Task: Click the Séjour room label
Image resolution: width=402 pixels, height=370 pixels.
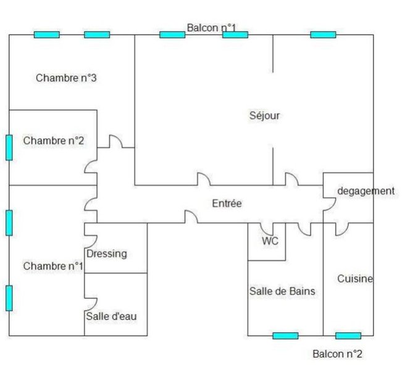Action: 265,115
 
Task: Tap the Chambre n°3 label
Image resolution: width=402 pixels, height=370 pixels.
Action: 67,78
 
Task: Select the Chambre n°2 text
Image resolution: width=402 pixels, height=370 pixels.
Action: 54,141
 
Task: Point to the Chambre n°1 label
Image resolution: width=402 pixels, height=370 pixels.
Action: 54,266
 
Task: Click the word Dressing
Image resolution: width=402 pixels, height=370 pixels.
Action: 107,253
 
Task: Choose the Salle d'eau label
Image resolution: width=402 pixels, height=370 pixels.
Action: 111,316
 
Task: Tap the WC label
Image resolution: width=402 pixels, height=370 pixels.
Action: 270,241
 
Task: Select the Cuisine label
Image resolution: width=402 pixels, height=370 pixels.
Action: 355,279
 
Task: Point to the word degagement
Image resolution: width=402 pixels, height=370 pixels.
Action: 366,191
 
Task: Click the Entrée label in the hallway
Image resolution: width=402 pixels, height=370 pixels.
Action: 227,203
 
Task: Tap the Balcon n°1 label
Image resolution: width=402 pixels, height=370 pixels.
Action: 211,27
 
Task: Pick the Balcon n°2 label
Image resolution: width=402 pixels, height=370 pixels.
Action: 337,354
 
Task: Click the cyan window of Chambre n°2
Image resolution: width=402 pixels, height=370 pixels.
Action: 9,147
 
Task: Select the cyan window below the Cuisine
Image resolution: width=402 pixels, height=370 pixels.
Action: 348,335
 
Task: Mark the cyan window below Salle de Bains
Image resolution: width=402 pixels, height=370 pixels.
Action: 285,335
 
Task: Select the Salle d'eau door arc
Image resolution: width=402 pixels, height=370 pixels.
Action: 91,304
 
